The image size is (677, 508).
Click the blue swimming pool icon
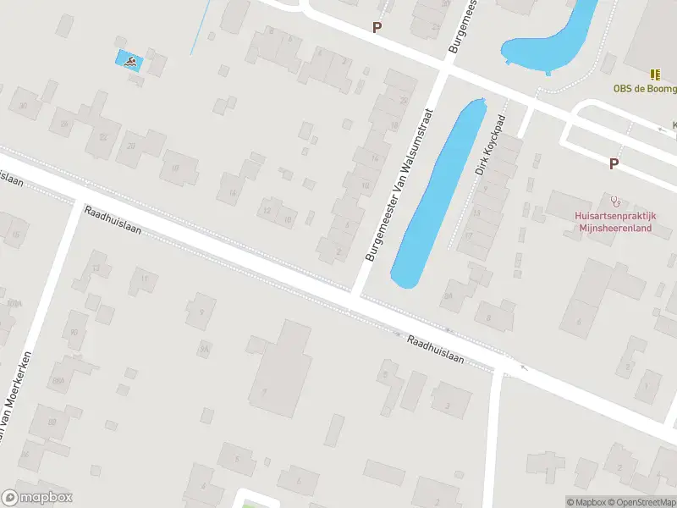pyautogui.click(x=129, y=60)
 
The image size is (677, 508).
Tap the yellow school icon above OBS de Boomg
pyautogui.click(x=654, y=75)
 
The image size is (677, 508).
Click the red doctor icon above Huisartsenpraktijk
pyautogui.click(x=615, y=202)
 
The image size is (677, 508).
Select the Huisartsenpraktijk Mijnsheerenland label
pyautogui.click(x=615, y=221)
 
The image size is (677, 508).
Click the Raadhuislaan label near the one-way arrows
pyautogui.click(x=435, y=350)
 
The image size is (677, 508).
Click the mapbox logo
pyautogui.click(x=37, y=498)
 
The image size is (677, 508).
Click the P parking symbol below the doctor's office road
pyautogui.click(x=614, y=164)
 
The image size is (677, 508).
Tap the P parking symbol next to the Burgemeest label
pyautogui.click(x=377, y=27)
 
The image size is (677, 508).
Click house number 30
pyautogui.click(x=23, y=106)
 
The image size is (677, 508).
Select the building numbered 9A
pyautogui.click(x=204, y=348)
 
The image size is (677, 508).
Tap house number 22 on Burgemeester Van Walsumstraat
pyautogui.click(x=404, y=101)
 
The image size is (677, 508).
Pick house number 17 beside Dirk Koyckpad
pyautogui.click(x=468, y=236)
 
